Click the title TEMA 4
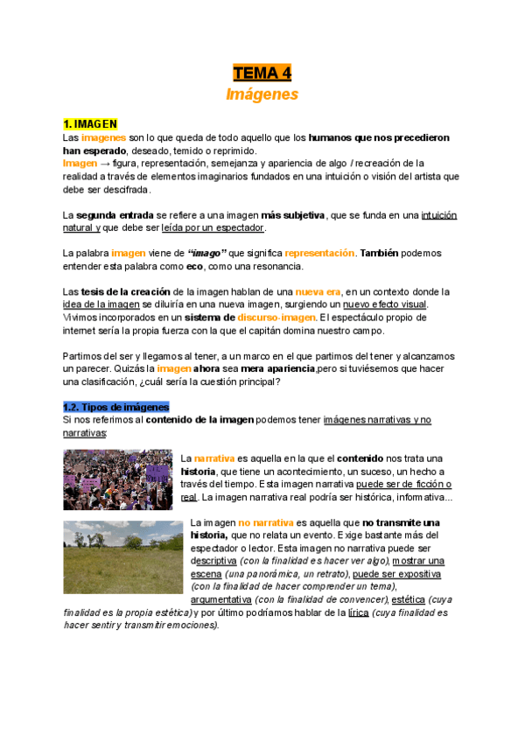coord(262,72)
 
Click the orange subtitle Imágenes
coord(262,94)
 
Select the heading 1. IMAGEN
coord(90,125)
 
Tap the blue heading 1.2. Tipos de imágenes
coord(115,408)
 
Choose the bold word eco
coord(192,266)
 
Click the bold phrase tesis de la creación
coord(129,291)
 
